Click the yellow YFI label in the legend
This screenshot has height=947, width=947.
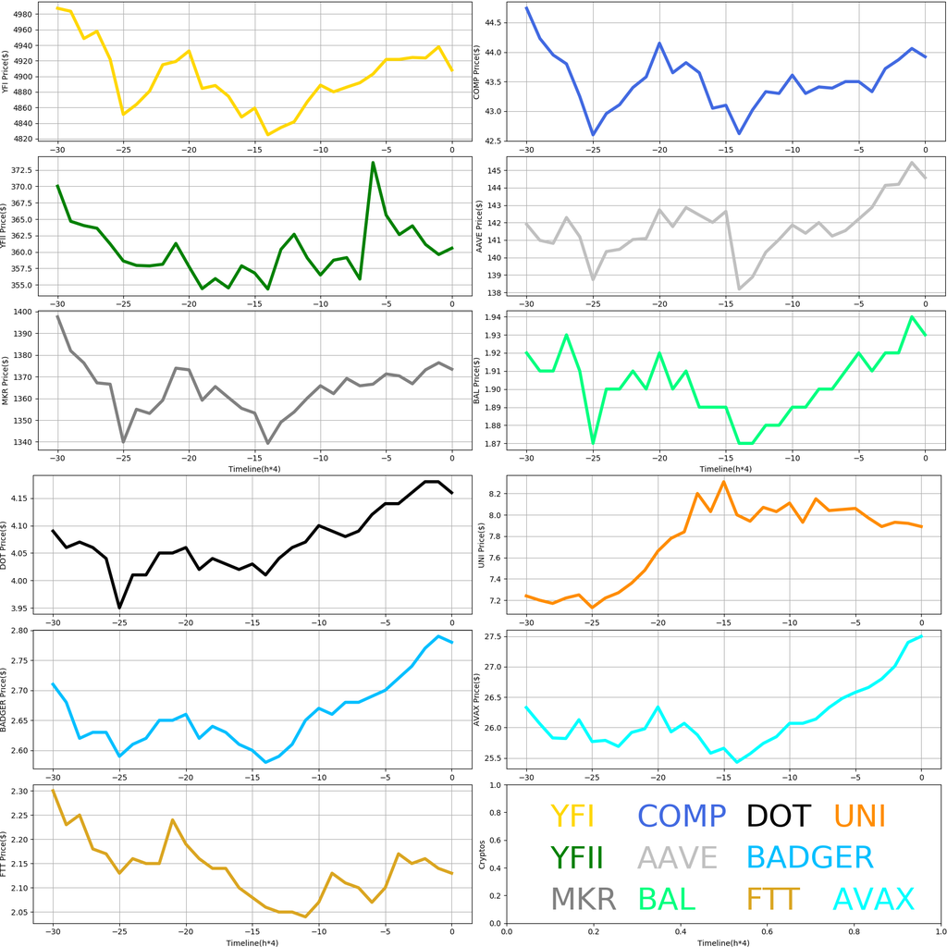point(572,816)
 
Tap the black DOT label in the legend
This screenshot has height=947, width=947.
point(778,816)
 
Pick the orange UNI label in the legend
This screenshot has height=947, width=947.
point(859,816)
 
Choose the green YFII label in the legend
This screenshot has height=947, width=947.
point(576,857)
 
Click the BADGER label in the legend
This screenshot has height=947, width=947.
point(809,857)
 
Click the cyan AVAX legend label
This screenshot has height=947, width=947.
point(873,899)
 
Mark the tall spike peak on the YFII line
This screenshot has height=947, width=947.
point(373,163)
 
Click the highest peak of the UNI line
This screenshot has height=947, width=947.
point(723,481)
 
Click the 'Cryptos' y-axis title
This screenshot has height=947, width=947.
point(481,853)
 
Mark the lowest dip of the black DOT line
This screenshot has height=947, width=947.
point(119,608)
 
